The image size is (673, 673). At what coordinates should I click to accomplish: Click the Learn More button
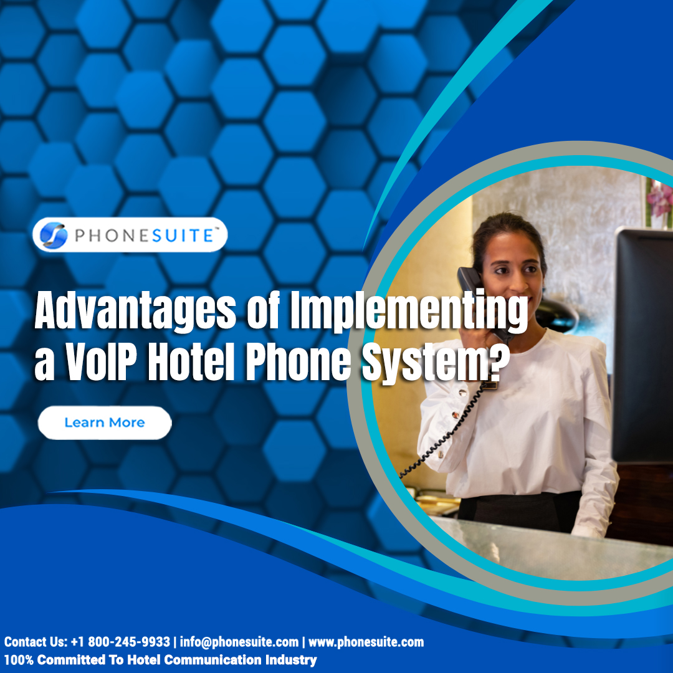pyautogui.click(x=105, y=422)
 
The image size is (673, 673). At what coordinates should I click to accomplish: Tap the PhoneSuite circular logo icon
pyautogui.click(x=53, y=235)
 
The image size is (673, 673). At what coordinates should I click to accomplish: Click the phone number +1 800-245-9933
pyautogui.click(x=120, y=642)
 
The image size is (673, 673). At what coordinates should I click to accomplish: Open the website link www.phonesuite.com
pyautogui.click(x=366, y=642)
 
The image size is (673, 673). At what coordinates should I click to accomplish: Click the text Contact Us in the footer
pyautogui.click(x=32, y=642)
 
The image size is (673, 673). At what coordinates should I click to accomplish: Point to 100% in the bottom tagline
pyautogui.click(x=19, y=660)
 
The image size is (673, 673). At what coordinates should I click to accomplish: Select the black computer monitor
pyautogui.click(x=642, y=343)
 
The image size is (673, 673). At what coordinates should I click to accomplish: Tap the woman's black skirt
pyautogui.click(x=520, y=511)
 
